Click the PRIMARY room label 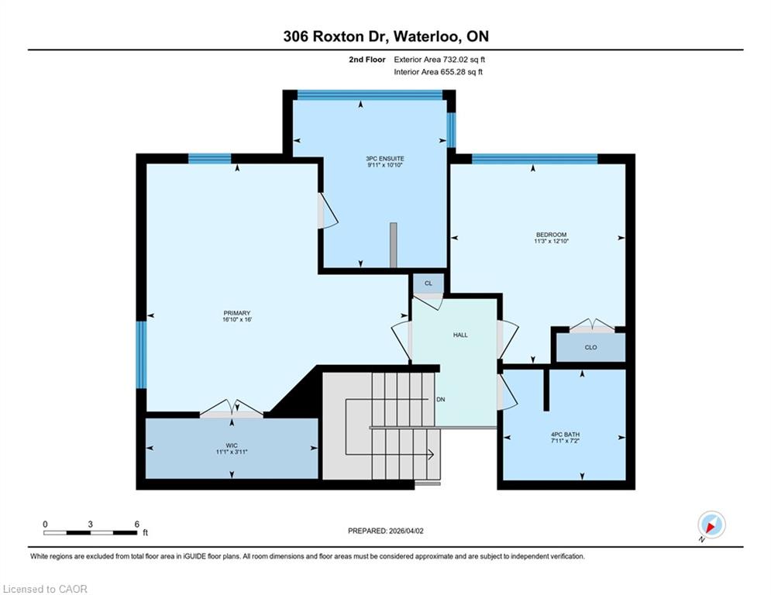[237, 313]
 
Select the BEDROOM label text [551, 235]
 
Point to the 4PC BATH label [565, 435]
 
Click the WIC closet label [232, 445]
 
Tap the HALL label [460, 335]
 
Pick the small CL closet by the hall [429, 284]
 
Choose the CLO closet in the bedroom [590, 347]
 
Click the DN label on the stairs [441, 399]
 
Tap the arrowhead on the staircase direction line [431, 455]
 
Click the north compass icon [711, 525]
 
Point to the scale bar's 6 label [136, 524]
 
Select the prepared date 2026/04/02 [406, 531]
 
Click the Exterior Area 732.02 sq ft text [439, 60]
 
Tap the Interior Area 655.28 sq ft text [438, 72]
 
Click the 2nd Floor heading [367, 60]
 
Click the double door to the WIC [232, 408]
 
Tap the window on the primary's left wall [141, 355]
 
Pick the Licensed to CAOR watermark [45, 589]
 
